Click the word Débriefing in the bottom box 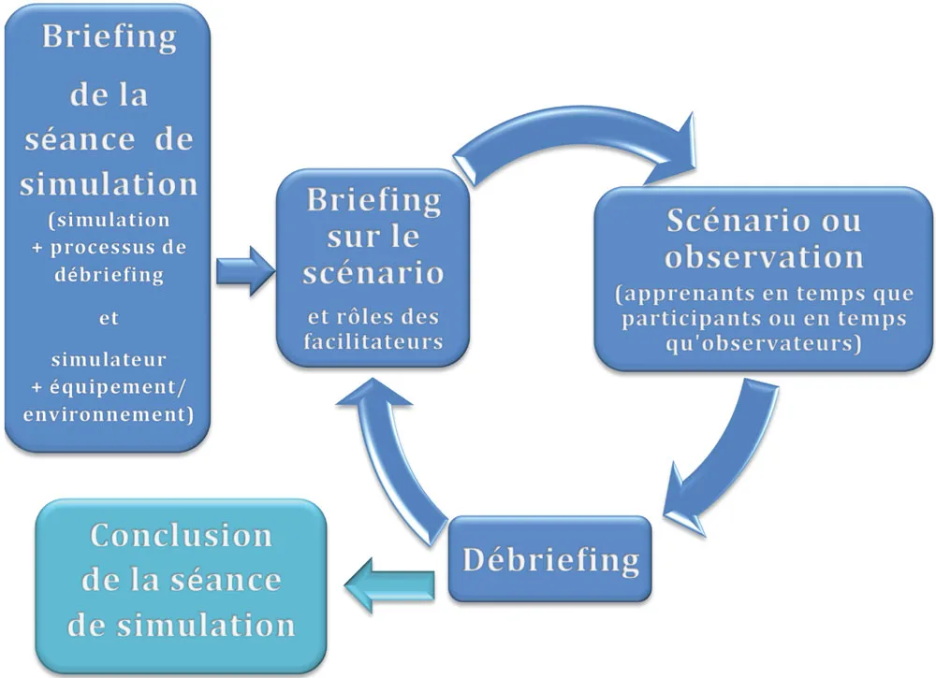tap(551, 559)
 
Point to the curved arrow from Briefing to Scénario tap(571, 145)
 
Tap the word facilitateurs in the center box tap(373, 341)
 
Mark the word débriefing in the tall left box tap(109, 275)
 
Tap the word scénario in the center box tap(373, 275)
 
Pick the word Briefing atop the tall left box tap(109, 38)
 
